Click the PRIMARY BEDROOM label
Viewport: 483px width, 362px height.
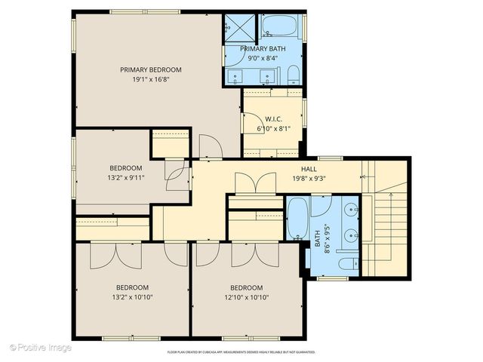coord(151,69)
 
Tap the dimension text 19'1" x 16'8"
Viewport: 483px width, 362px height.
coord(151,78)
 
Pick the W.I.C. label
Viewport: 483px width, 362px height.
coord(272,118)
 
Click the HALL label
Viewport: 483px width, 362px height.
coord(309,169)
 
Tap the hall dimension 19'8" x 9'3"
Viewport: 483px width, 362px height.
coord(309,179)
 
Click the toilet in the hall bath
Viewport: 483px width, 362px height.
coord(347,264)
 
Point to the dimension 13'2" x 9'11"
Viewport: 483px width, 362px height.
coord(125,177)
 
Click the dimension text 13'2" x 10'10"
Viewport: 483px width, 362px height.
coord(132,296)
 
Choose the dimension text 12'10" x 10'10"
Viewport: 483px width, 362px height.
coord(247,296)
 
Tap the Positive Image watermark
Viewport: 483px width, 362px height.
coord(41,348)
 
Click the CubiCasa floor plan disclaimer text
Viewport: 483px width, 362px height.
coord(241,351)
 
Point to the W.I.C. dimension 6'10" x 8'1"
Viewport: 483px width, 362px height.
coord(272,127)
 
